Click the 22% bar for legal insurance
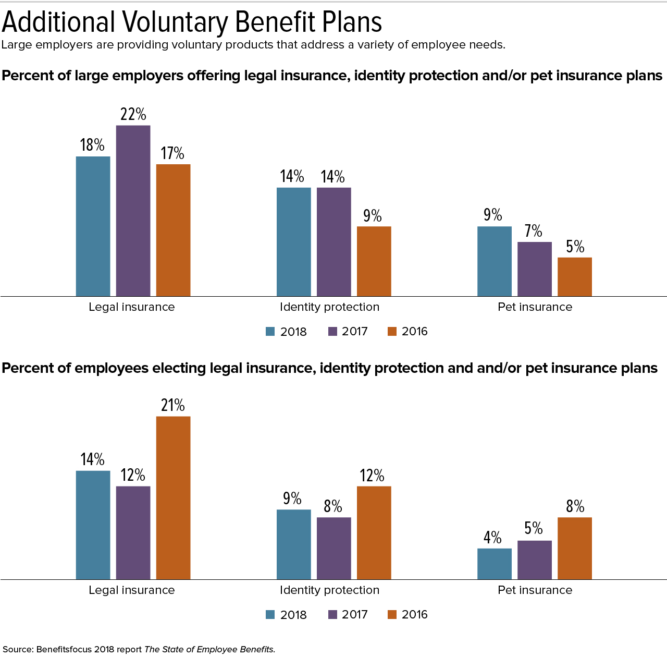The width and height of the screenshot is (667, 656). [x=133, y=211]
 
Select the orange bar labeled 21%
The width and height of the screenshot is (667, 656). [x=173, y=497]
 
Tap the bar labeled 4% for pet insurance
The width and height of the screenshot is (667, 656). [x=494, y=564]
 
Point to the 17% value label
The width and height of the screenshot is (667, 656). [x=172, y=153]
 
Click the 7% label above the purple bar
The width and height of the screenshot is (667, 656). [x=534, y=231]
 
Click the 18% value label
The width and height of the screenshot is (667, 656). [x=92, y=145]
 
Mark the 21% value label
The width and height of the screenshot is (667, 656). [x=173, y=405]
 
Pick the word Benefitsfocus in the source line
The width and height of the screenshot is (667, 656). [x=64, y=649]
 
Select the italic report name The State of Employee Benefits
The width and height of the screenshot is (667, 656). [x=209, y=649]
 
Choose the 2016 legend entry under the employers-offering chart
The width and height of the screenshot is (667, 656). [x=408, y=332]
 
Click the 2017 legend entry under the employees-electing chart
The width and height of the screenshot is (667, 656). [x=348, y=614]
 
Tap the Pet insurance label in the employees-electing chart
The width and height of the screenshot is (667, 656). [x=535, y=590]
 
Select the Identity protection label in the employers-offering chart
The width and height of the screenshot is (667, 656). [x=329, y=307]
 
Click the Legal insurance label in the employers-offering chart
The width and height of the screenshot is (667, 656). [x=131, y=307]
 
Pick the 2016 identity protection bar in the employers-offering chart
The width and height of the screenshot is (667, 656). [x=374, y=261]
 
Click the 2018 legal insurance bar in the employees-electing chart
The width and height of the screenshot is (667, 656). [x=93, y=525]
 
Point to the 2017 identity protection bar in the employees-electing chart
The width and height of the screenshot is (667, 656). [x=333, y=548]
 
